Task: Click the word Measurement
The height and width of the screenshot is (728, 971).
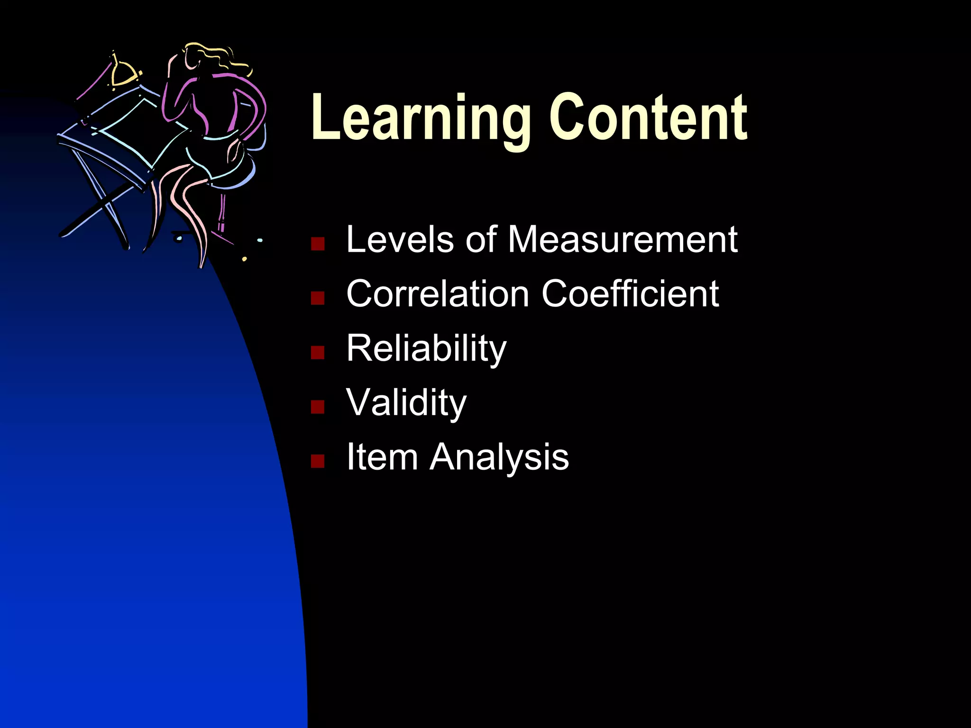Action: [623, 239]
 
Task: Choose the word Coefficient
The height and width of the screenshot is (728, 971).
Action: [630, 294]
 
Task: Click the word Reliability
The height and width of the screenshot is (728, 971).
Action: [426, 348]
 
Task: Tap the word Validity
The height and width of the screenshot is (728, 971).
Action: [406, 403]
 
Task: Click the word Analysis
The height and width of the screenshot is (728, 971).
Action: [499, 458]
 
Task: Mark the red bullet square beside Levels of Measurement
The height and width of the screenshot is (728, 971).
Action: [318, 244]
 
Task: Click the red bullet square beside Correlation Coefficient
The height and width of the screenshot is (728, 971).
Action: [318, 298]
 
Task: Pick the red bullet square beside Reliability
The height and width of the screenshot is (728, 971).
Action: [318, 353]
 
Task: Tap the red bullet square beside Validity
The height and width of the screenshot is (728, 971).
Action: [318, 407]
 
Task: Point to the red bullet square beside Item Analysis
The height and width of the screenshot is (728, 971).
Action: [318, 461]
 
